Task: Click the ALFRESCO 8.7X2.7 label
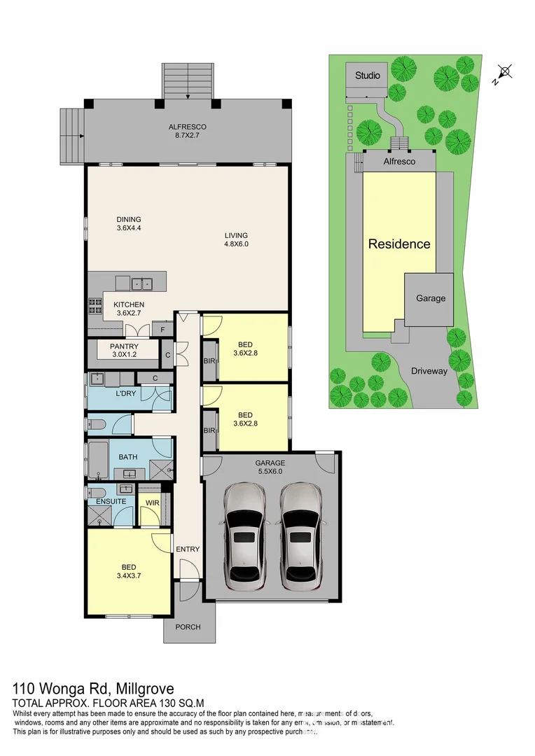(x=187, y=131)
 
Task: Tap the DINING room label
(x=129, y=223)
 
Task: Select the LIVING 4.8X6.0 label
(x=236, y=239)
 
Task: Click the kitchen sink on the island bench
(x=144, y=283)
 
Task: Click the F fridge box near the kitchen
(x=162, y=329)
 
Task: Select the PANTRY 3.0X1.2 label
(x=124, y=350)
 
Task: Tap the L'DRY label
(x=126, y=393)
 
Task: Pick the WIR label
(x=152, y=502)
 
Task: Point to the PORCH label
(x=187, y=626)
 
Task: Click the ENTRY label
(x=188, y=549)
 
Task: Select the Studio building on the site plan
(x=368, y=76)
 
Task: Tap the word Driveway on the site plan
(x=429, y=371)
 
